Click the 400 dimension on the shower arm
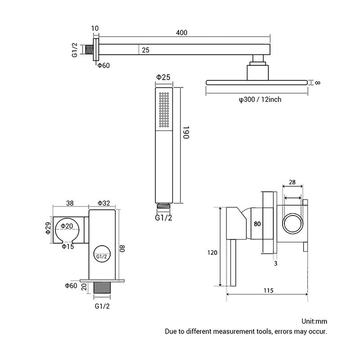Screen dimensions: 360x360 click(182, 32)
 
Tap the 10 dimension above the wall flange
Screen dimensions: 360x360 click(95, 28)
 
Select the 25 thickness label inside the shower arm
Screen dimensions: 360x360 click(145, 50)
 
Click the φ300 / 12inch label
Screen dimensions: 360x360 click(260, 99)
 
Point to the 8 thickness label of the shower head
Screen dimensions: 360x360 click(317, 83)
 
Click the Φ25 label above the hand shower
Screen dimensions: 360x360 click(163, 77)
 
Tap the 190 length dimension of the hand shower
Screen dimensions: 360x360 click(186, 132)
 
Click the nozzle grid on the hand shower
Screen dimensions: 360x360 click(164, 110)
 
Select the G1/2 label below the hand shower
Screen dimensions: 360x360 click(163, 218)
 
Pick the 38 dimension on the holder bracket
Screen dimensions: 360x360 click(70, 203)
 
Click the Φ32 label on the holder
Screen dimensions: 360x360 click(104, 203)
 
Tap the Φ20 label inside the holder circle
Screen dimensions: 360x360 click(67, 226)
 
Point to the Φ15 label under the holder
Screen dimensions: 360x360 click(68, 247)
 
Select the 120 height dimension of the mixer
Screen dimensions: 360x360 click(212, 252)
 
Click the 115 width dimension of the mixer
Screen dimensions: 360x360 click(268, 290)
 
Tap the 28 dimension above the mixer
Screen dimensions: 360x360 click(292, 182)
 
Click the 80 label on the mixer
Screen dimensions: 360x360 click(257, 224)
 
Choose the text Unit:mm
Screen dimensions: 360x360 click(314, 321)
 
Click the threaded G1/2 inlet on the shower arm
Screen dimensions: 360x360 click(89, 49)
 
